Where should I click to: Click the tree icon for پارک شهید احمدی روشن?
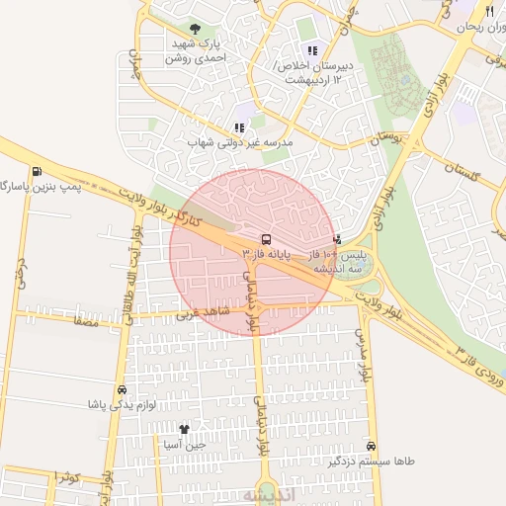193,30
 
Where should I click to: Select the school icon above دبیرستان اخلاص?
313,50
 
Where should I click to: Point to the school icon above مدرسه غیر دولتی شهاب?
239,127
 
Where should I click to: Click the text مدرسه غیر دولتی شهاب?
241,143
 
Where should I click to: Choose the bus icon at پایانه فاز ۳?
266,239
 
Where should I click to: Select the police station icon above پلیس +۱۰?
338,239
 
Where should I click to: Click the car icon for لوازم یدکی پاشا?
122,389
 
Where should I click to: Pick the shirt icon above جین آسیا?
184,429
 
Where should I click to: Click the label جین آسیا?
185,445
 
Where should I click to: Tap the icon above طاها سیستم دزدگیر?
372,446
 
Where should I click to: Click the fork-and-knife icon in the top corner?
489,11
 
